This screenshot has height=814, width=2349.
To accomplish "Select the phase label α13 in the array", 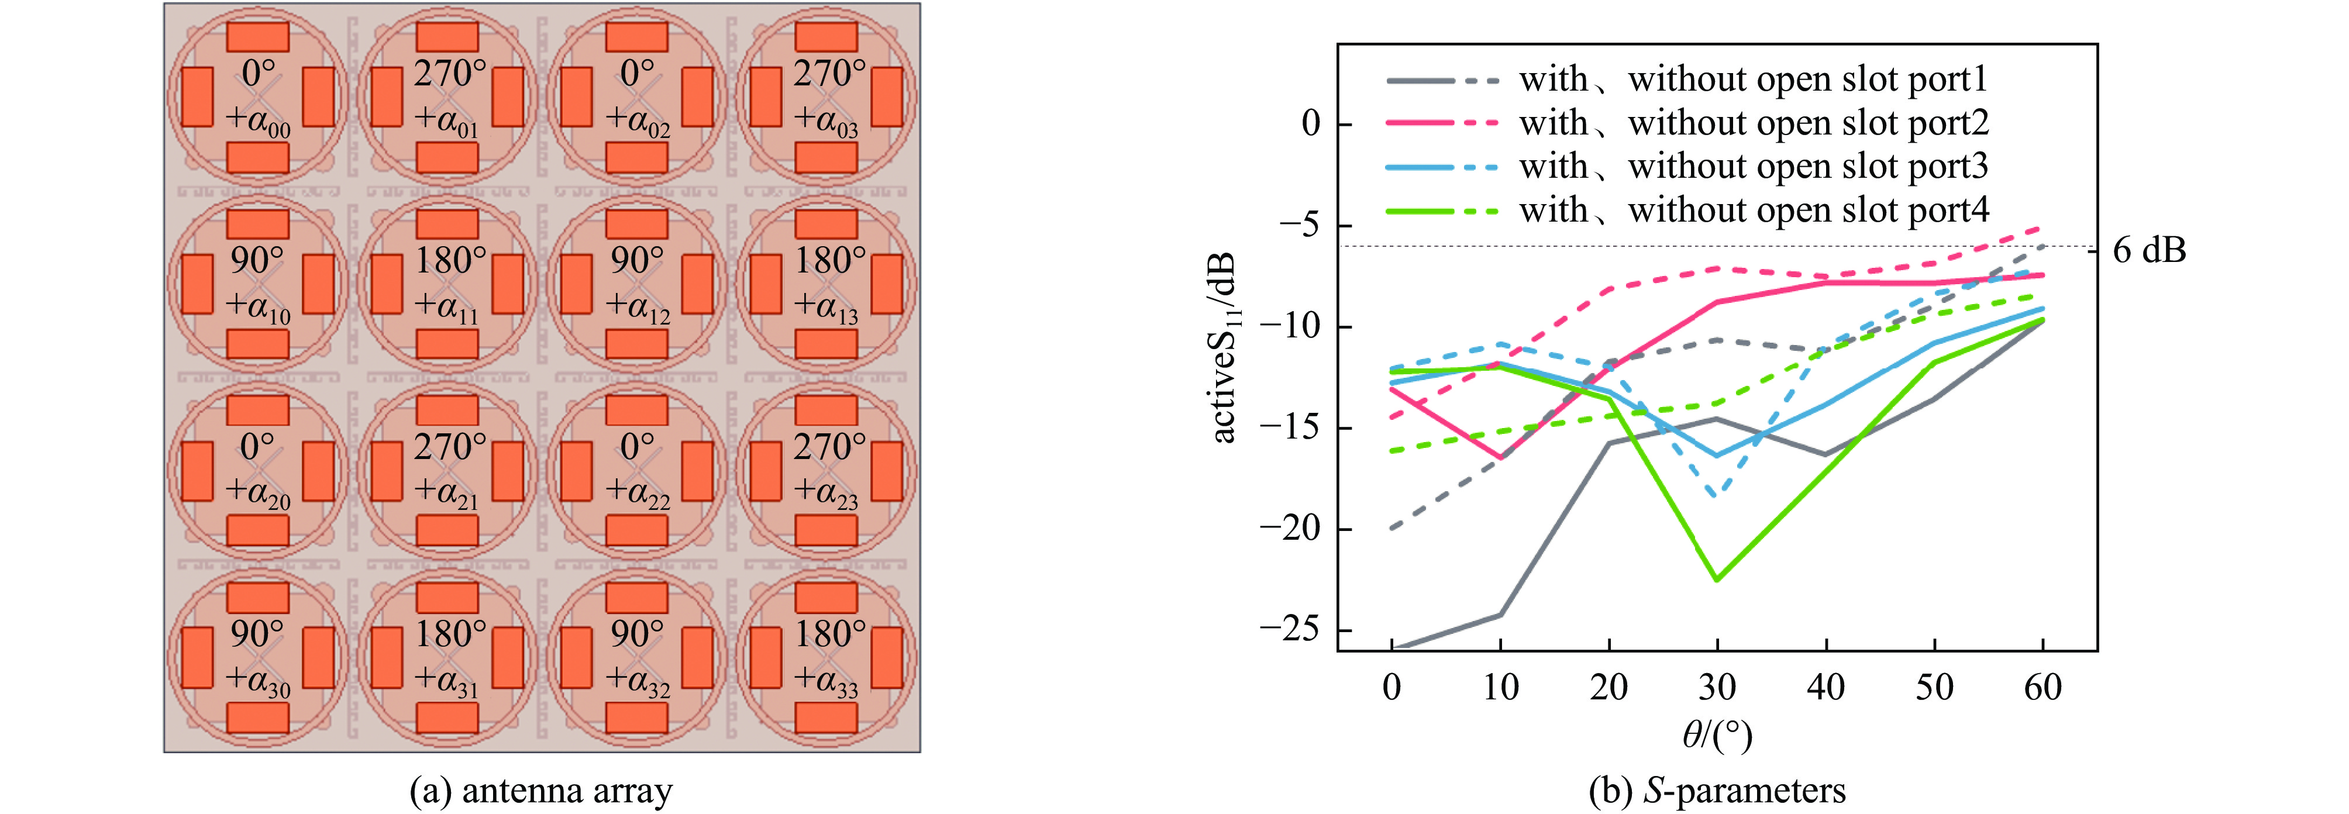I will pos(826,309).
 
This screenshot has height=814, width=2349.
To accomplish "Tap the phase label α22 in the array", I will pos(638,494).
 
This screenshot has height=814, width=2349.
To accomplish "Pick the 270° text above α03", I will pos(828,74).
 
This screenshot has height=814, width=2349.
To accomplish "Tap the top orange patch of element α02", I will pos(636,36).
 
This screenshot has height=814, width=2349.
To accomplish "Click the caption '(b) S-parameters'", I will pos(1717,790).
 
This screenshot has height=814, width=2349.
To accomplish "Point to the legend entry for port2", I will pos(1687,123).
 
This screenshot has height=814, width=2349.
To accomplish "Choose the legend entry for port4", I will pos(1687,211).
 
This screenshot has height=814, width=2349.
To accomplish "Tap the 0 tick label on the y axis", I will pos(1310,124).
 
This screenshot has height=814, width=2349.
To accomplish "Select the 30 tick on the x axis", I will pos(1717,687).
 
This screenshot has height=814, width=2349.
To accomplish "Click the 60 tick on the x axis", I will pos(2043,687).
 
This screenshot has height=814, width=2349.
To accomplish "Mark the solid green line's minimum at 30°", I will pos(1717,580).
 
